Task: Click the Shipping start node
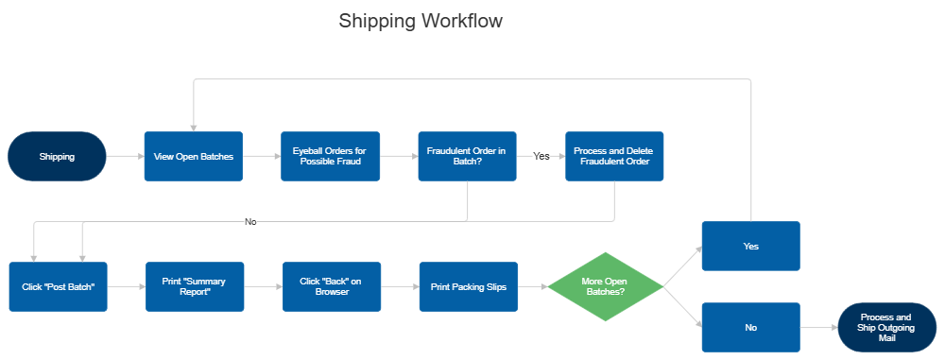click(57, 156)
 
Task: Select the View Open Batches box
click(194, 156)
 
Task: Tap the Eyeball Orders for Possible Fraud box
click(331, 156)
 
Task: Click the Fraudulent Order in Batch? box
click(467, 156)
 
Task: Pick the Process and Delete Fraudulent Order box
click(614, 156)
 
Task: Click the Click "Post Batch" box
click(59, 286)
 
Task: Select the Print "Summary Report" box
click(195, 286)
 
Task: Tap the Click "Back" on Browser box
click(331, 286)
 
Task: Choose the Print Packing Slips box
click(468, 286)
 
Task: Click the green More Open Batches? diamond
click(604, 286)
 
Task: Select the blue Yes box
click(750, 246)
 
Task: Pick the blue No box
click(750, 327)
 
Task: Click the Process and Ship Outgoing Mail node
click(885, 327)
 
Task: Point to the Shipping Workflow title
click(421, 21)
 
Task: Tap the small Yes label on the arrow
click(541, 156)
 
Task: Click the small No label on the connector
click(250, 221)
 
